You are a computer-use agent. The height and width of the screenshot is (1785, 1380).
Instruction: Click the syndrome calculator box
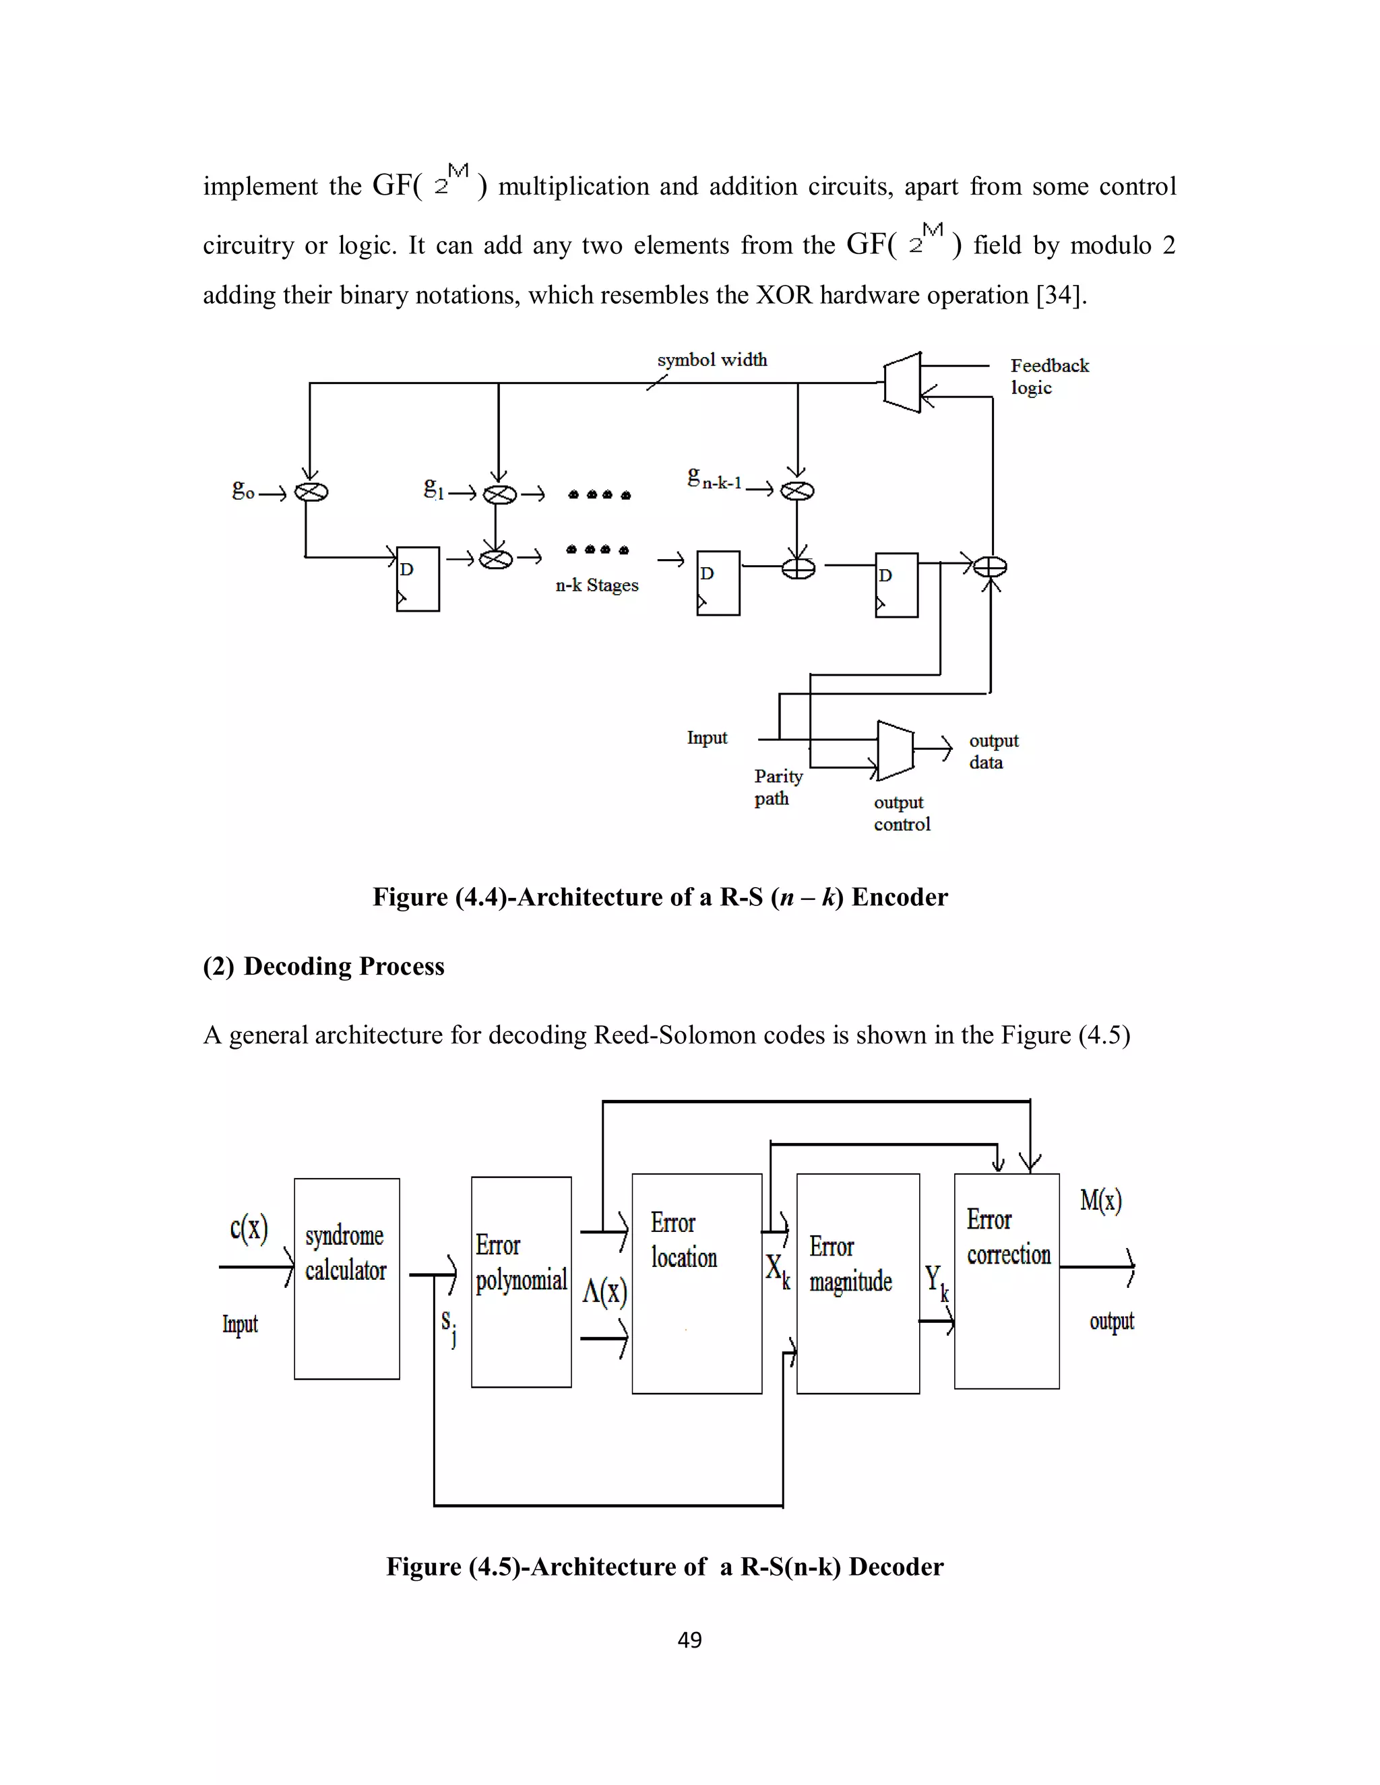click(346, 1278)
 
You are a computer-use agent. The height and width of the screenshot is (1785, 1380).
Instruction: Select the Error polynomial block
click(521, 1282)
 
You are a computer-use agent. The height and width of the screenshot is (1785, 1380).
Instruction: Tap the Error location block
click(697, 1283)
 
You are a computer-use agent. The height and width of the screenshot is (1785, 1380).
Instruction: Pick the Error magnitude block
click(857, 1283)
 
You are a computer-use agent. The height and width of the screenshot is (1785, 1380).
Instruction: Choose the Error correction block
click(1007, 1280)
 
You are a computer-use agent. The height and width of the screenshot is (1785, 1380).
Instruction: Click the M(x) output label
click(1100, 1200)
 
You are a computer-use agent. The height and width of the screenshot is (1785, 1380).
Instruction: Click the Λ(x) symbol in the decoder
click(604, 1292)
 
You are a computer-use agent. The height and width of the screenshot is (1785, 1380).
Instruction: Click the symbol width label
click(712, 360)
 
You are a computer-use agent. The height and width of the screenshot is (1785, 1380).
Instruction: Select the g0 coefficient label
click(243, 490)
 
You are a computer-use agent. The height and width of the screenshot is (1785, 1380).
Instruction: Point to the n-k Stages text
click(597, 585)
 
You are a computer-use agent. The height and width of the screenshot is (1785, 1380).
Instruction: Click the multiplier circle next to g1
click(499, 494)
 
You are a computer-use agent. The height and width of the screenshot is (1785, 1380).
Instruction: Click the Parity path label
click(778, 786)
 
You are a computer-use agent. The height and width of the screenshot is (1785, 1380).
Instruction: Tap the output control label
click(901, 813)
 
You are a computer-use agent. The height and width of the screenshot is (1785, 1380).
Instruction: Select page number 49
click(689, 1640)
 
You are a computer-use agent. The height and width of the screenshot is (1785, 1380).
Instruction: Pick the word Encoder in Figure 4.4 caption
click(900, 897)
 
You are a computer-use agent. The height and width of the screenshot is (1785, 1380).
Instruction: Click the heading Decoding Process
click(344, 966)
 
